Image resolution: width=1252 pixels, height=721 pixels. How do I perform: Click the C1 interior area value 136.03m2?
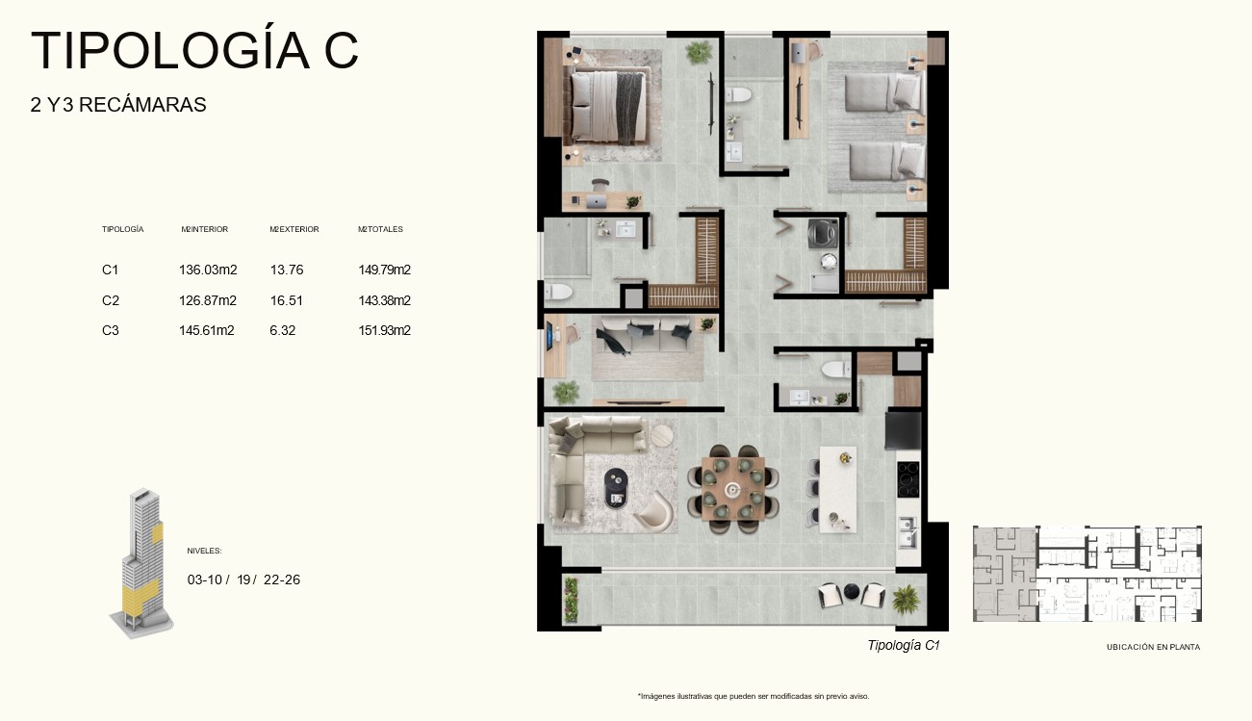[208, 270]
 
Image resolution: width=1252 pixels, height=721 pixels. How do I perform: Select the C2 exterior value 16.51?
[286, 300]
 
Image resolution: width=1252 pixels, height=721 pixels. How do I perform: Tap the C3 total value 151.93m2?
[385, 330]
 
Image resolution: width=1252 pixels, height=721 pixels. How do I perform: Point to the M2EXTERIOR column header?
[294, 229]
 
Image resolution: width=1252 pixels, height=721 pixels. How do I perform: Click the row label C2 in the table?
[110, 300]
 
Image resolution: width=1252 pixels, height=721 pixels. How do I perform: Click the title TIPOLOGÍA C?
[194, 50]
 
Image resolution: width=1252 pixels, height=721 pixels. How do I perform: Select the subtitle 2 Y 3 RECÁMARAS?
[118, 105]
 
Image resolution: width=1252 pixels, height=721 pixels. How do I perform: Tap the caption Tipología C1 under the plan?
[904, 645]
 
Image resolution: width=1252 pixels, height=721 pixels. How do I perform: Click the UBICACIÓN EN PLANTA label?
[1153, 647]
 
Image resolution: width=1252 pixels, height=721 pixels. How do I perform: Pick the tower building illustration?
[142, 563]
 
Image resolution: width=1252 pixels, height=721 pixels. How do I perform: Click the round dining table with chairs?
[732, 489]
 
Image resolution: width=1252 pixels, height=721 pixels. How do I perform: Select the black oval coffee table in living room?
[617, 488]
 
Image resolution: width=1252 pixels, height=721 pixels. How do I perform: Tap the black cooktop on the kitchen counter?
[907, 479]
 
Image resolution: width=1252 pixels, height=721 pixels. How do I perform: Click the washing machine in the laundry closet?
[823, 234]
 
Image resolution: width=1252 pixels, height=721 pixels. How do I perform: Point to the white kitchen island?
[838, 489]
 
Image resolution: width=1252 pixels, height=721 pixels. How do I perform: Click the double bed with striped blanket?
[608, 106]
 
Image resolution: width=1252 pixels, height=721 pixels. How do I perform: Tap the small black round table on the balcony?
[852, 591]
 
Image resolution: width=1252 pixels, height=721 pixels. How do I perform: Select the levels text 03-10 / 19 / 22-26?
[243, 579]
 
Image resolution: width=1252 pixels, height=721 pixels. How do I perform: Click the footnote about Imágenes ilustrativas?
[754, 696]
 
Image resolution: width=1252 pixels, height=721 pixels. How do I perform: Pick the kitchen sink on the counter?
[907, 532]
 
